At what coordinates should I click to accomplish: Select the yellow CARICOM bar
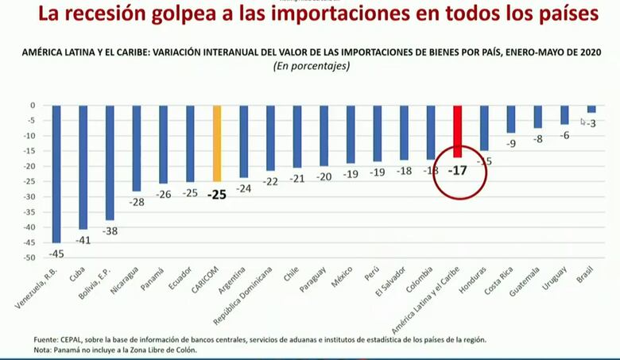coord(217,143)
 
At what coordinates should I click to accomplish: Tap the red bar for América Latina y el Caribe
coord(457,131)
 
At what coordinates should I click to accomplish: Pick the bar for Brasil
coord(591,109)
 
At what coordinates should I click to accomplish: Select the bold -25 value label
coord(217,193)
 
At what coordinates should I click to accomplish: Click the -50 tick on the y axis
coord(29,258)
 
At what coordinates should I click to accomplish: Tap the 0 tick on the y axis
coord(32,106)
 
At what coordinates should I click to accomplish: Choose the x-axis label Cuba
coord(77,274)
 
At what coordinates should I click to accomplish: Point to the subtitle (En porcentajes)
coord(311,67)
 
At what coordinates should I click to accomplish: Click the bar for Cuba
coord(83,167)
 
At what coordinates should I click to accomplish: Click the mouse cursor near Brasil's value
coord(583,122)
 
